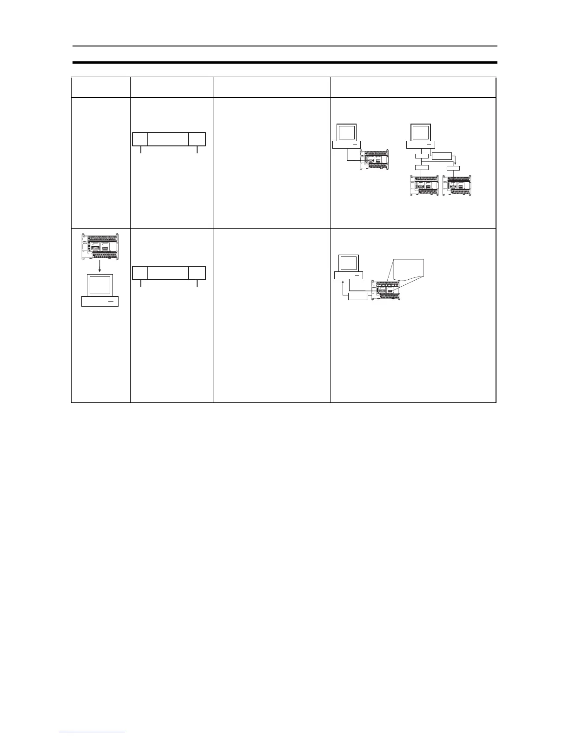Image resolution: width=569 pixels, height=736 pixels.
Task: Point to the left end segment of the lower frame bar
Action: (x=140, y=273)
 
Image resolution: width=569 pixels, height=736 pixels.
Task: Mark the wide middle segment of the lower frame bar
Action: (x=168, y=273)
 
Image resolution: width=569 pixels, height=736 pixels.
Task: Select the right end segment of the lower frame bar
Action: (x=198, y=273)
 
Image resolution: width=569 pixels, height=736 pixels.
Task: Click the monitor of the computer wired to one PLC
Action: (x=346, y=132)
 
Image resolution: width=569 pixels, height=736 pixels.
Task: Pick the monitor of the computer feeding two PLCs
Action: (x=421, y=132)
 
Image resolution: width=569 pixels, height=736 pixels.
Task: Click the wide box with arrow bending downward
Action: (x=441, y=156)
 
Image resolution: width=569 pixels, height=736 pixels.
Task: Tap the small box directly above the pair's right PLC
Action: (x=453, y=168)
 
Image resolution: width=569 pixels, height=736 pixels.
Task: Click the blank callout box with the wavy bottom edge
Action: (x=409, y=269)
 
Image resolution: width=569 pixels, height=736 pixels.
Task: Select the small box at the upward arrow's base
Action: (x=358, y=296)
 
